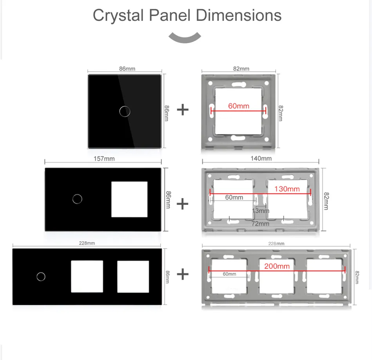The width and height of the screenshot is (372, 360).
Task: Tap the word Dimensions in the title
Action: tap(238, 15)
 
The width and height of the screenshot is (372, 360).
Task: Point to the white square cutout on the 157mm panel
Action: tap(129, 199)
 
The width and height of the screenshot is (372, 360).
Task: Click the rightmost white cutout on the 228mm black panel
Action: tap(133, 277)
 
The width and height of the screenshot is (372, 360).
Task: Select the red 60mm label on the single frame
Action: tap(239, 106)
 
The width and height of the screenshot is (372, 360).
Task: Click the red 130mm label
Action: tap(287, 189)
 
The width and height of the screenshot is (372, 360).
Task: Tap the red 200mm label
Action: tap(277, 266)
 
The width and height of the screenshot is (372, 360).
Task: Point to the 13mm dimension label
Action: tap(261, 211)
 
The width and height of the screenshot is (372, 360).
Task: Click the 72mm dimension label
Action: tap(260, 223)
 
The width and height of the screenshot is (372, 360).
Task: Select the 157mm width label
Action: tap(104, 158)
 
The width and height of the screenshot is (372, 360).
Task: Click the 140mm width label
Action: tap(261, 158)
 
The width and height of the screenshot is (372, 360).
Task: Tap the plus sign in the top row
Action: tap(183, 110)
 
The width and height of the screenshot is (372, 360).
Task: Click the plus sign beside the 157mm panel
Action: tap(182, 204)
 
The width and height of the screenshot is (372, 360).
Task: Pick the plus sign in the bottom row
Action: tap(183, 274)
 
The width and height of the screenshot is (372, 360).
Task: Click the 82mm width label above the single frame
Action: tap(241, 69)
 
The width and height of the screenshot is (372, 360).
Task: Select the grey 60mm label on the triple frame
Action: tap(229, 274)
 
